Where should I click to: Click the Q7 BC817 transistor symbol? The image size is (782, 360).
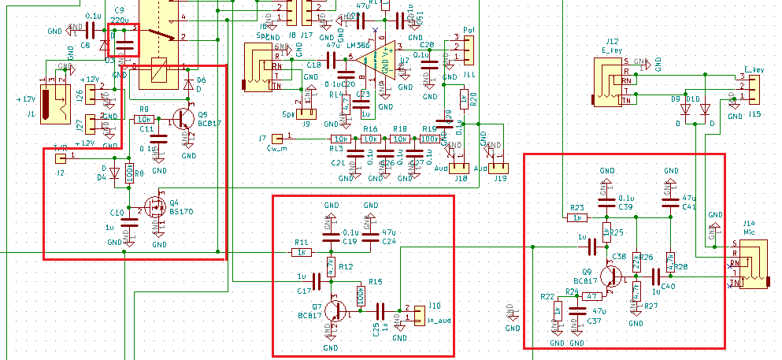tap(335, 310)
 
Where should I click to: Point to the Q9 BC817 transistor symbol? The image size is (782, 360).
tap(610, 276)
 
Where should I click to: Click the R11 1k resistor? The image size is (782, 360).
tap(302, 252)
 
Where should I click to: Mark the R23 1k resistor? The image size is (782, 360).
tap(577, 217)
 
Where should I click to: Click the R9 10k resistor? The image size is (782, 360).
tap(145, 119)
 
